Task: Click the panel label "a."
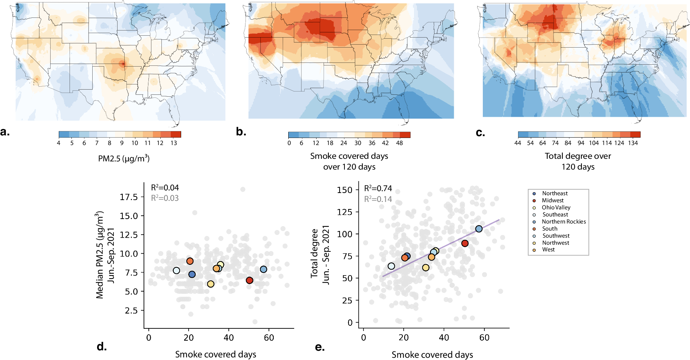(x=5, y=132)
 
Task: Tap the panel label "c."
(x=480, y=132)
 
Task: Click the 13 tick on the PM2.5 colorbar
(x=174, y=143)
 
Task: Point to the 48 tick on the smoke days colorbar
(x=399, y=143)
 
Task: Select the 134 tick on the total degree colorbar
(x=633, y=143)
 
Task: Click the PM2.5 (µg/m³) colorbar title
(x=123, y=159)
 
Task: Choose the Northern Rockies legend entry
(x=564, y=222)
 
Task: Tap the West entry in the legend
(x=548, y=250)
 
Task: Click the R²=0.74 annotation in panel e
(x=378, y=189)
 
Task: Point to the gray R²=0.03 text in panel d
(x=164, y=198)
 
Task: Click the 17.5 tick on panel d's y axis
(x=128, y=197)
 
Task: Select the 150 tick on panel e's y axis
(x=344, y=190)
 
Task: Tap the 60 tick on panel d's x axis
(x=269, y=338)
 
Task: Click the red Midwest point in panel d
(x=250, y=280)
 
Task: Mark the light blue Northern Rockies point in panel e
(x=479, y=229)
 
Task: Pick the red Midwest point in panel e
(x=465, y=243)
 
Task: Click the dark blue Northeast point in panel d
(x=192, y=274)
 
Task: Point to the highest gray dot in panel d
(x=243, y=189)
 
